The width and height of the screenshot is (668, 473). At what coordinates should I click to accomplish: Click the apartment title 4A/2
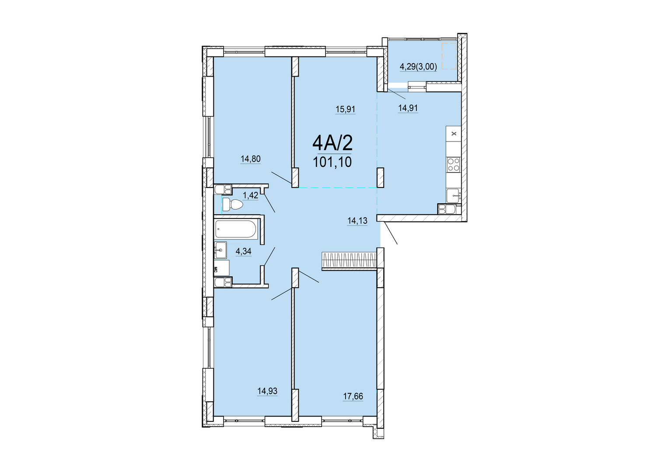[x=332, y=143]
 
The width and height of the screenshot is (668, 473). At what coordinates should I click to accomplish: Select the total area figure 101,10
[x=332, y=162]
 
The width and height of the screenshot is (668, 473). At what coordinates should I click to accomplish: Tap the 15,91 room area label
[x=345, y=109]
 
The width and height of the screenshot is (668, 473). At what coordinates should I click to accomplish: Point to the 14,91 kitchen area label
[x=408, y=108]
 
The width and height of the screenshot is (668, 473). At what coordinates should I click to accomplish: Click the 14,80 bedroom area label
[x=251, y=159]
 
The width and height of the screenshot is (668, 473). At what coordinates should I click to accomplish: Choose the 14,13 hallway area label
[x=357, y=221]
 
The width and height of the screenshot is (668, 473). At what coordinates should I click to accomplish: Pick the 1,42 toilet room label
[x=250, y=196]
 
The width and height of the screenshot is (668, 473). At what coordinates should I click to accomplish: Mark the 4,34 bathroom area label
[x=243, y=251]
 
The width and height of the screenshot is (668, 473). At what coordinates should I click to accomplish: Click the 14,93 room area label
[x=267, y=391]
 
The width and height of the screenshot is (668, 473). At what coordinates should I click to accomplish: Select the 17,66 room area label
[x=353, y=396]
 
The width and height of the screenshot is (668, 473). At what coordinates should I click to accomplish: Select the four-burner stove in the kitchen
[x=453, y=165]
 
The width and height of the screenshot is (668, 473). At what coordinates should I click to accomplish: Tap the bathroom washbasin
[x=220, y=250]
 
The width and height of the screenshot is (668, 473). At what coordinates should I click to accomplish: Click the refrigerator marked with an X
[x=454, y=134]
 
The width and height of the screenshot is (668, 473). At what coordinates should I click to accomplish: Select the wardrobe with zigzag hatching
[x=349, y=260]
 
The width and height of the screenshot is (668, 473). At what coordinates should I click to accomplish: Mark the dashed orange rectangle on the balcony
[x=449, y=56]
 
